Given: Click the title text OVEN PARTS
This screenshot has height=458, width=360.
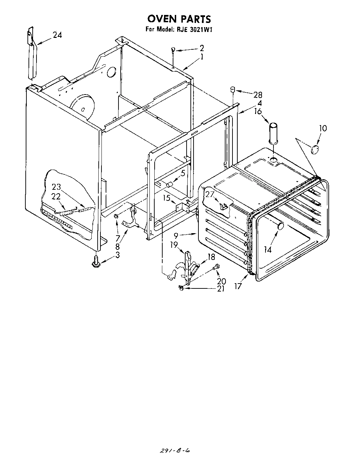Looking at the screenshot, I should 179,18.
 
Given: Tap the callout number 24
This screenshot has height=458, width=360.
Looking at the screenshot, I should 57,35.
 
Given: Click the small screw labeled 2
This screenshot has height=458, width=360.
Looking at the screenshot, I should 173,50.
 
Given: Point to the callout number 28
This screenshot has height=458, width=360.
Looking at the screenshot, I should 257,95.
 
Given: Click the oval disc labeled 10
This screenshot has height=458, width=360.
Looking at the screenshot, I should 315,149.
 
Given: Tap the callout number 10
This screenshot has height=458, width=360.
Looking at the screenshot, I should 323,128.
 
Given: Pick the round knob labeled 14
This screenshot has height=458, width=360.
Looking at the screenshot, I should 280,227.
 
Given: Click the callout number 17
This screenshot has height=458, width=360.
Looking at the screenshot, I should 238,287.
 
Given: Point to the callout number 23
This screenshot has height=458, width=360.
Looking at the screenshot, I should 56,187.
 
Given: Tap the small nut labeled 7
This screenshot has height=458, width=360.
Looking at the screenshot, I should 116,217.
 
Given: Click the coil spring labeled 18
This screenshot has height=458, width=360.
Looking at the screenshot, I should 196,269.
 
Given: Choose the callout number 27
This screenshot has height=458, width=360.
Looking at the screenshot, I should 209,194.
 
